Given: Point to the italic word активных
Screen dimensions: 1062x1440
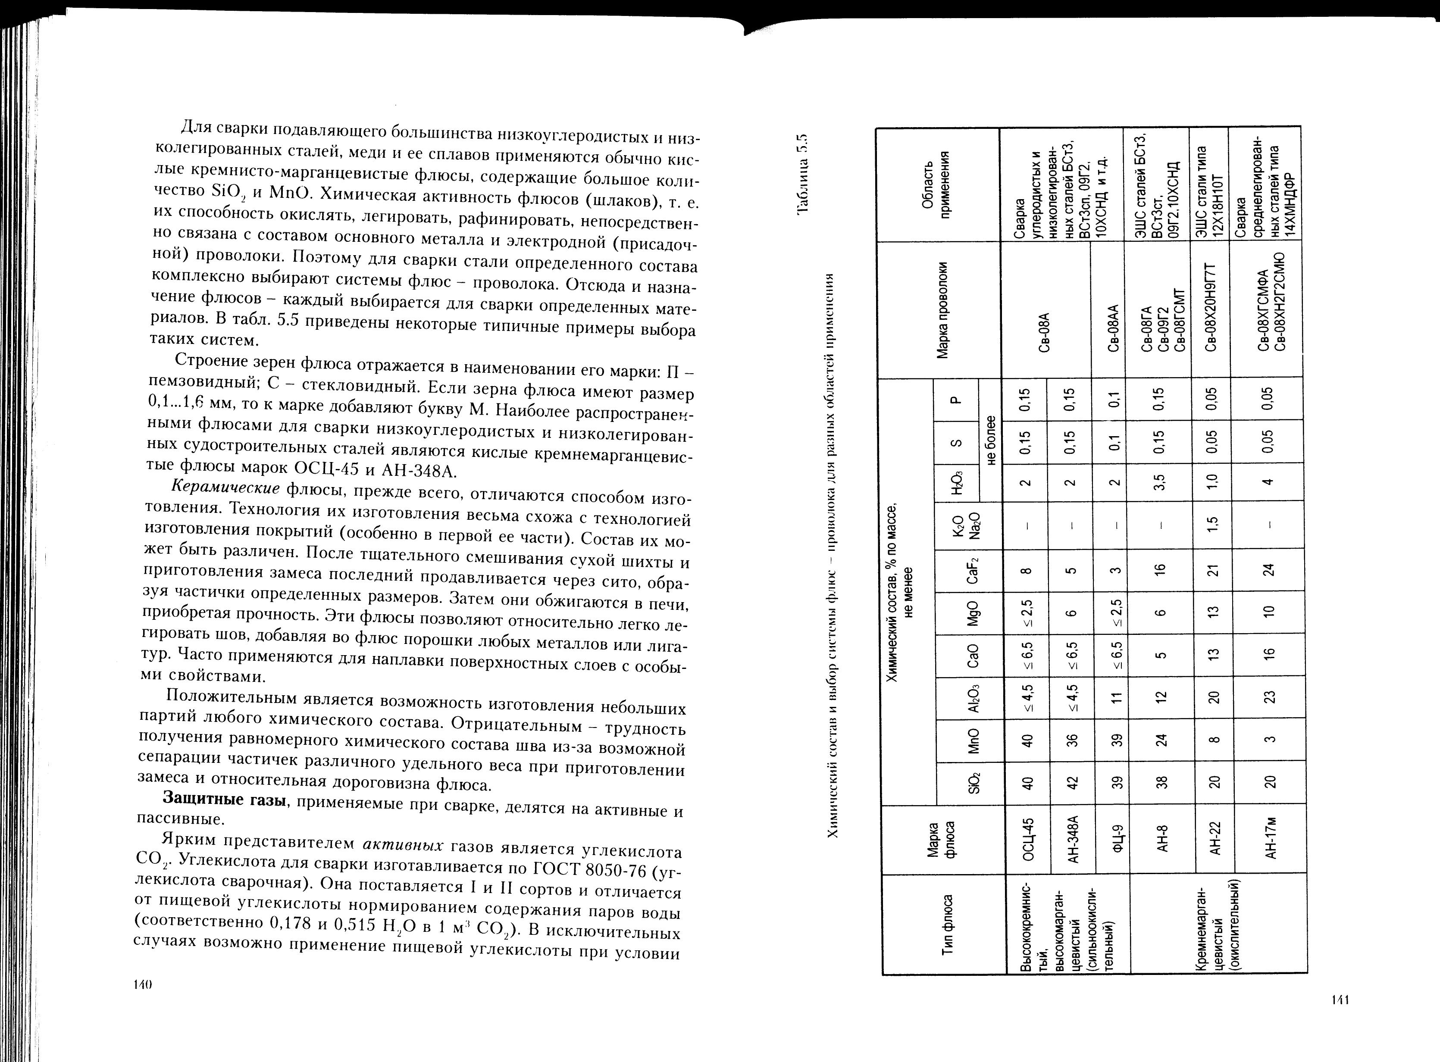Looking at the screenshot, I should [403, 844].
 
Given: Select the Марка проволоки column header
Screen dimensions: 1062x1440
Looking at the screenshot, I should [942, 310].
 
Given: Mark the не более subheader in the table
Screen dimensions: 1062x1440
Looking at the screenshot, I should [990, 441].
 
